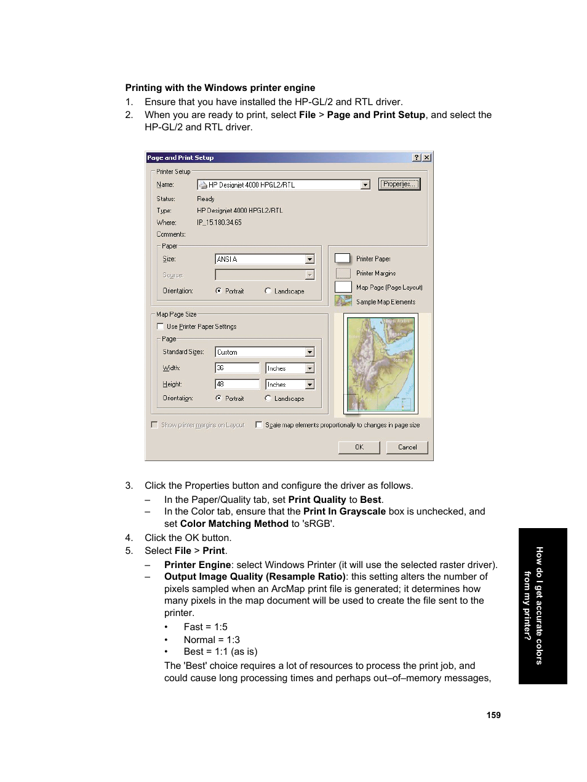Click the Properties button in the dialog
pyautogui.click(x=399, y=184)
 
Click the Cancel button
pyautogui.click(x=407, y=448)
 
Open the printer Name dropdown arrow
pyautogui.click(x=365, y=185)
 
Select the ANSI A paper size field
pyautogui.click(x=260, y=259)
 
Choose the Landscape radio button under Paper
pyautogui.click(x=268, y=291)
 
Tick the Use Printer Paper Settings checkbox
pyautogui.click(x=161, y=327)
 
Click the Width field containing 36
pyautogui.click(x=237, y=368)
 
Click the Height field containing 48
pyautogui.click(x=237, y=384)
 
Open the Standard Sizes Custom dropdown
pyautogui.click(x=309, y=352)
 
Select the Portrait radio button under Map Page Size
pyautogui.click(x=218, y=398)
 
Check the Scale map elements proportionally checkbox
pyautogui.click(x=259, y=425)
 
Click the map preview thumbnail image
pyautogui.click(x=381, y=364)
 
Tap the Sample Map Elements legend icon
pyautogui.click(x=343, y=301)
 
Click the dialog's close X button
pyautogui.click(x=427, y=158)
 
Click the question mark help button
pyautogui.click(x=417, y=158)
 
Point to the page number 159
pyautogui.click(x=493, y=715)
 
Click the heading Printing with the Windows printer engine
pyautogui.click(x=220, y=88)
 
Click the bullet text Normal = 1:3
pyautogui.click(x=212, y=640)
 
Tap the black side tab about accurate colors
pyautogui.click(x=542, y=606)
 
